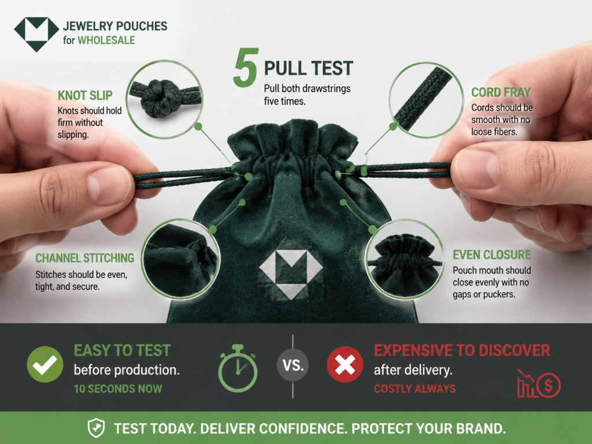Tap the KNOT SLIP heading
(x=85, y=95)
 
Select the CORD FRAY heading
(x=501, y=92)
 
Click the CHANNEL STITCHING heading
(x=84, y=258)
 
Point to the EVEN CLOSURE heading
(x=491, y=255)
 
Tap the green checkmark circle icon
(x=45, y=364)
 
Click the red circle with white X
(x=345, y=364)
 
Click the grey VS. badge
(x=293, y=365)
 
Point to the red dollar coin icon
(x=548, y=385)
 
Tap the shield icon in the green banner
(x=97, y=428)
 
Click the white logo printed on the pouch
(x=291, y=274)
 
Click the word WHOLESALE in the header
(x=106, y=40)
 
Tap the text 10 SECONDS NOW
(x=118, y=388)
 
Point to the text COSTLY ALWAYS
(x=415, y=388)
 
